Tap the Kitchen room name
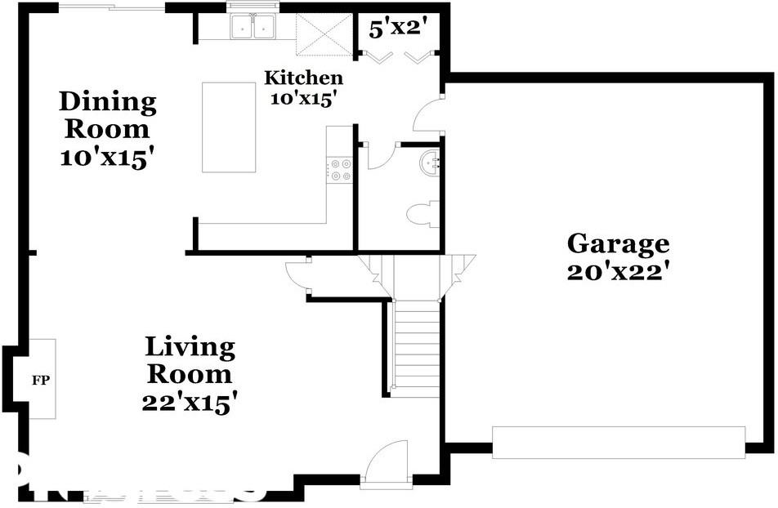pos(303,78)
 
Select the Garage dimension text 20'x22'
pos(618,270)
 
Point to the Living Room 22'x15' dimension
pos(189,402)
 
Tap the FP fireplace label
pos(41,380)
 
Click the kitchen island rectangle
pos(229,127)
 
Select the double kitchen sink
pos(253,28)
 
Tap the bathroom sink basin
pos(431,163)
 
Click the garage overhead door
pos(618,442)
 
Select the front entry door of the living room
pos(386,464)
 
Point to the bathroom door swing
pos(380,156)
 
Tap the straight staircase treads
pos(416,348)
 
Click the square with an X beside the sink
pos(324,33)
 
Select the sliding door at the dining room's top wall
pos(112,7)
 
